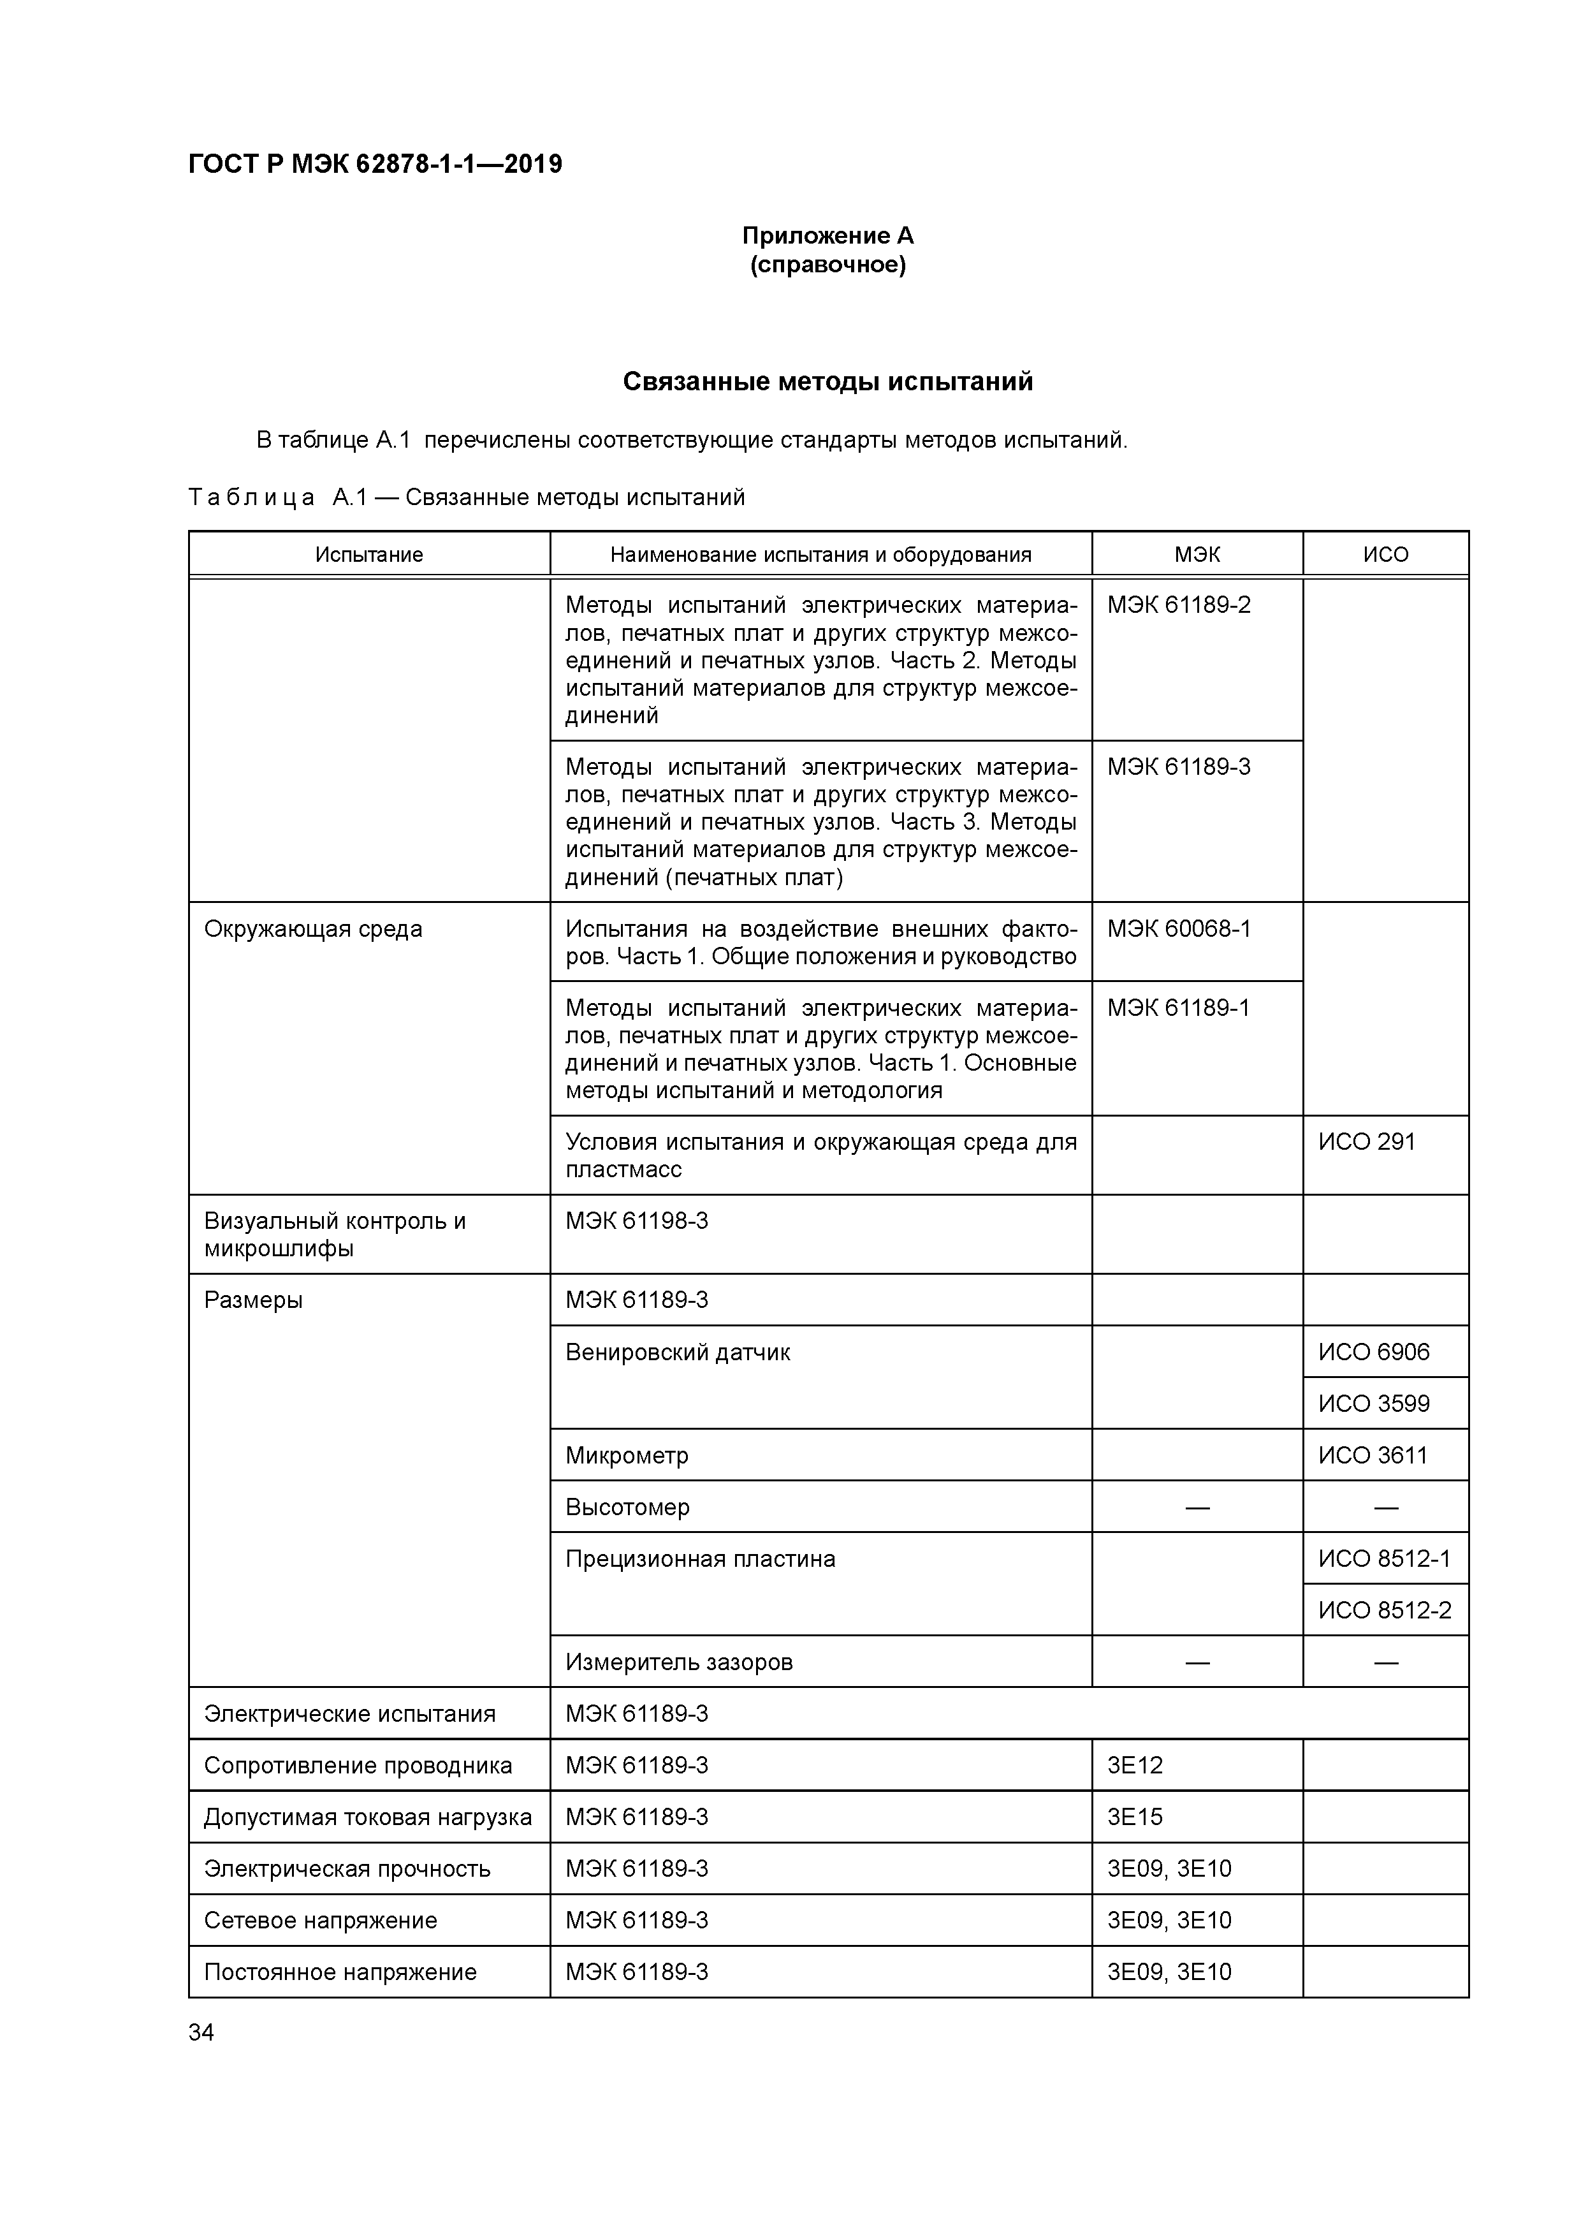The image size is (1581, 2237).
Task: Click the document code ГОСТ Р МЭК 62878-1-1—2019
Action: pos(375,165)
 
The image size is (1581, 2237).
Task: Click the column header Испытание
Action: pos(369,554)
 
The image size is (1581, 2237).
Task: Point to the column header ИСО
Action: pos(1385,554)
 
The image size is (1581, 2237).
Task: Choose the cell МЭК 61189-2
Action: pos(1179,605)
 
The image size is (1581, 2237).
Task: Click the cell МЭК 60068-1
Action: pos(1179,928)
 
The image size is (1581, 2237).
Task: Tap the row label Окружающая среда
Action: pos(314,928)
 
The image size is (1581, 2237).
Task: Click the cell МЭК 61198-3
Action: pos(637,1220)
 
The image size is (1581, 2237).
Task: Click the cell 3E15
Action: pos(1135,1816)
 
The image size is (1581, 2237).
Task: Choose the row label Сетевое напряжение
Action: pos(321,1919)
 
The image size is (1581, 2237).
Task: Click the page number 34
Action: pos(201,2032)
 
